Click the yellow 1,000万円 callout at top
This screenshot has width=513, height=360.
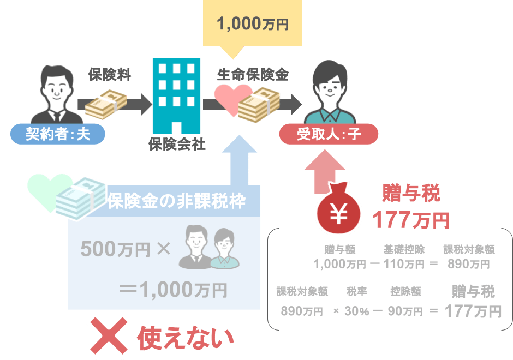252,24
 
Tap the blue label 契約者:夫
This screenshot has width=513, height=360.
58,134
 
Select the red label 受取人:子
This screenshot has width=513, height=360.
329,134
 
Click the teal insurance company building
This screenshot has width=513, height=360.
177,96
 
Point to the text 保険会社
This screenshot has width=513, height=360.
177,144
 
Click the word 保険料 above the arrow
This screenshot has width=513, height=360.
110,75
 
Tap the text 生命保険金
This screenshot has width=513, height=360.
253,75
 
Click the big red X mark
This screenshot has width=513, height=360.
109,335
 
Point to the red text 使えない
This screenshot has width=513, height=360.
186,338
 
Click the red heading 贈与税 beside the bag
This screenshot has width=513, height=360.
411,193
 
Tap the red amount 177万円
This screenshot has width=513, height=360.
411,220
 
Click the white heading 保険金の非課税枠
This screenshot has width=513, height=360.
176,201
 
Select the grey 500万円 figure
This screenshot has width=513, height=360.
115,249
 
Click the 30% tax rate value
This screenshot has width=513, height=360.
356,311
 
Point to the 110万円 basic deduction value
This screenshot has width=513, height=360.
404,264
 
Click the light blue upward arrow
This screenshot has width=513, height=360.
240,160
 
